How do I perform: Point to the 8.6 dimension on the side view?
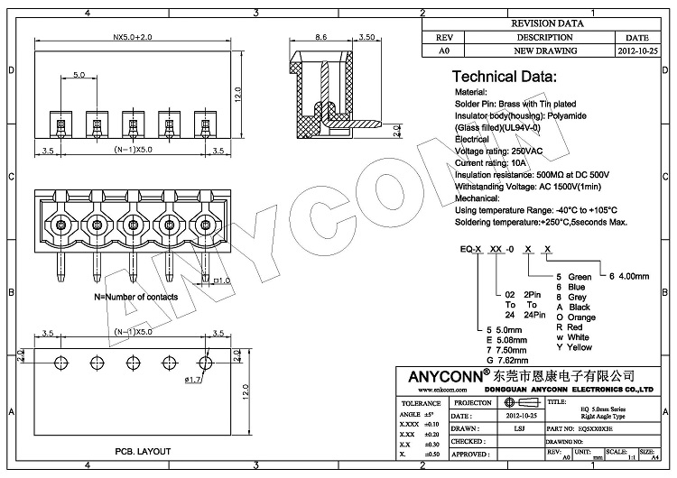pyautogui.click(x=320, y=39)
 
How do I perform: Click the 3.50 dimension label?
pyautogui.click(x=367, y=39)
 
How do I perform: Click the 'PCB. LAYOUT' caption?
pyautogui.click(x=142, y=449)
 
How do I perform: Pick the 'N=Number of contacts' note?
pyautogui.click(x=136, y=296)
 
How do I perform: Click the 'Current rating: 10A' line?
pyautogui.click(x=498, y=162)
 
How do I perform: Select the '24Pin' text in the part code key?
pyautogui.click(x=533, y=315)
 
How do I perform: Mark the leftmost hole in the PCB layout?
pyautogui.click(x=60, y=362)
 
